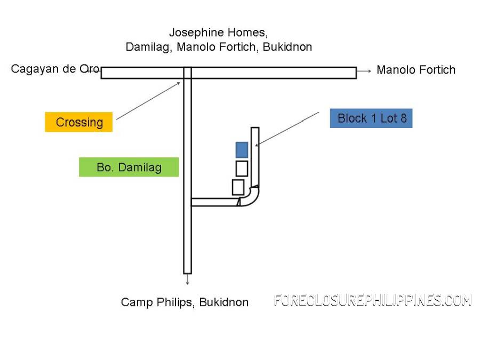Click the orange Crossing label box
click(79, 122)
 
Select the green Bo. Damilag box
click(129, 167)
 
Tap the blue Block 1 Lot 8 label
click(371, 118)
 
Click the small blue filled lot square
click(242, 150)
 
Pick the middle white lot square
click(242, 169)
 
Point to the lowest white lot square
click(238, 187)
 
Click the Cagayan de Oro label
click(52, 69)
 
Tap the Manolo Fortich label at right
click(416, 70)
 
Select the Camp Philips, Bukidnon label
click(185, 302)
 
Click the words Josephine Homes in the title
click(218, 33)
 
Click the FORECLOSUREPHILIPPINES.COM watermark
click(373, 301)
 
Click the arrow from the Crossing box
click(148, 101)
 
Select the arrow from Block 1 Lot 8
click(288, 129)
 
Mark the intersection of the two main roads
click(187, 73)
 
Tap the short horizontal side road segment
click(213, 202)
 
